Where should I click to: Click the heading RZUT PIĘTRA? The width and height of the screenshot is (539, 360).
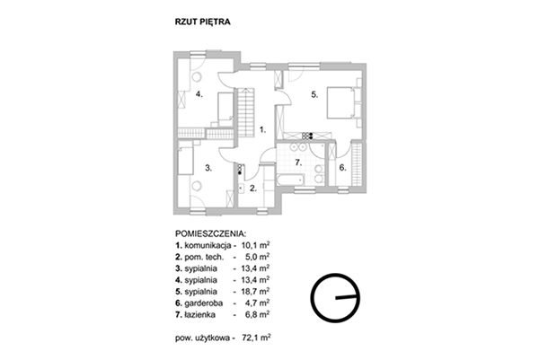[202, 22]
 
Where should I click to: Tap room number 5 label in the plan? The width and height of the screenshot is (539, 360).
[314, 94]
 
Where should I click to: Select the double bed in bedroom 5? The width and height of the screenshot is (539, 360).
[340, 102]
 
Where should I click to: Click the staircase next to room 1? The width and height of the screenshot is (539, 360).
[246, 112]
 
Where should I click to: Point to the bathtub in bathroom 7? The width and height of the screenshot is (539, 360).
[290, 180]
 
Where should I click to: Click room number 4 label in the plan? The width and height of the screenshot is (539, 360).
[199, 93]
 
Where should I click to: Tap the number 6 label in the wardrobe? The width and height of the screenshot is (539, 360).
[342, 168]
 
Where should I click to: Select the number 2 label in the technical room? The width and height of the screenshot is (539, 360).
[253, 189]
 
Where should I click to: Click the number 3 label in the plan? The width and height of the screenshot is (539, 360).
[208, 168]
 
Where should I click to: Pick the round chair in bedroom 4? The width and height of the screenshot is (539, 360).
[197, 77]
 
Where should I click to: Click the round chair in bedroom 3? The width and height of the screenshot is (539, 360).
[196, 186]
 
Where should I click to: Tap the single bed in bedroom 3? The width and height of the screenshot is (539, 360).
[186, 161]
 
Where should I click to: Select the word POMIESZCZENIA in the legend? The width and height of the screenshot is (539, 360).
[211, 234]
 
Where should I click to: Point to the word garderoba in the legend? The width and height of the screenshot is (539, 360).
[204, 303]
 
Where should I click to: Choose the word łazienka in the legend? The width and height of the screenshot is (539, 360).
[200, 314]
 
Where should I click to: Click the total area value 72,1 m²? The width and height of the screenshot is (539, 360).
[256, 338]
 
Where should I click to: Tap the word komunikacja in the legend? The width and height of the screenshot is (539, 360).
[208, 246]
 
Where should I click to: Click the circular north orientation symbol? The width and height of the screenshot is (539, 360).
[335, 298]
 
